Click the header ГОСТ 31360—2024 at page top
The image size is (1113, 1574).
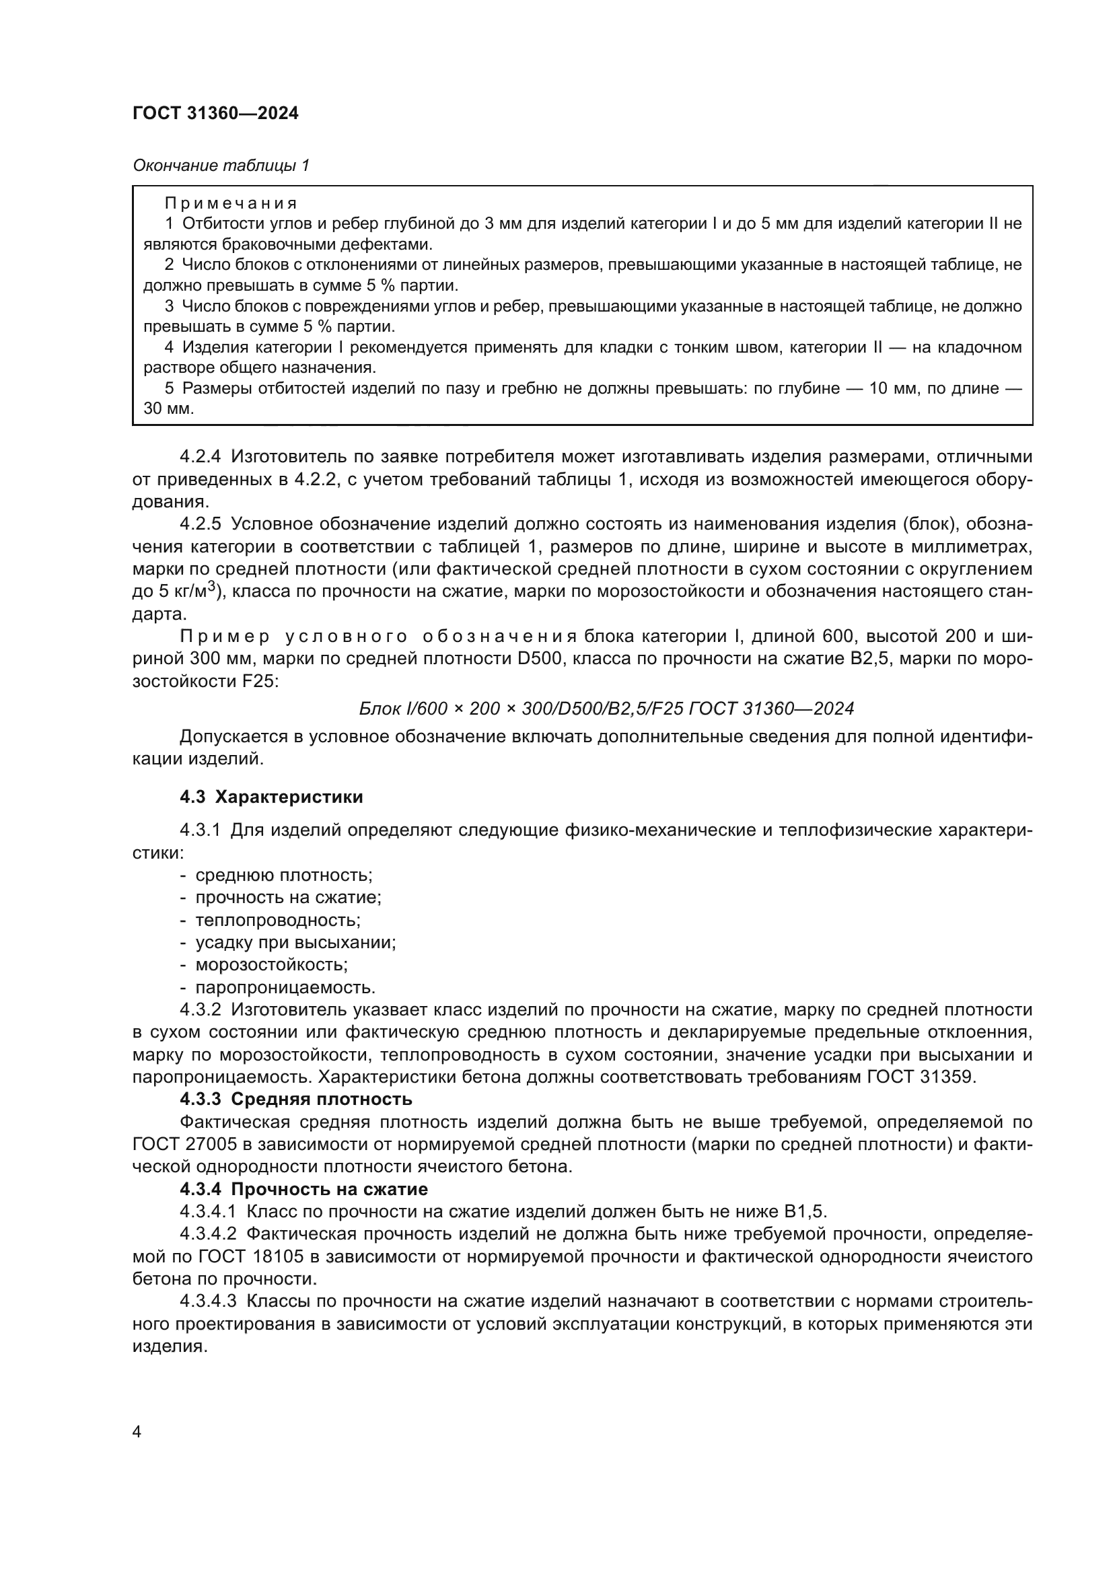click(215, 113)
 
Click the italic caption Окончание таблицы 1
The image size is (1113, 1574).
click(221, 166)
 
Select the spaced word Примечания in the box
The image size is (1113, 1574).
click(231, 203)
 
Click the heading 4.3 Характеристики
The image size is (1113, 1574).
click(271, 797)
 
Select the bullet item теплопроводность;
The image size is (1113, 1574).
click(277, 920)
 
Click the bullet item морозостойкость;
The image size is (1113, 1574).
click(271, 964)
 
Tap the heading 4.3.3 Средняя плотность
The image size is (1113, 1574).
click(295, 1099)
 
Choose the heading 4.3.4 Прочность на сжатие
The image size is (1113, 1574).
click(303, 1188)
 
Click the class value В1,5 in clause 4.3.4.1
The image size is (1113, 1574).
click(805, 1211)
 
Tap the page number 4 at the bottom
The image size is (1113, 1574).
click(137, 1432)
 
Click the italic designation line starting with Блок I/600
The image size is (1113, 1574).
click(606, 708)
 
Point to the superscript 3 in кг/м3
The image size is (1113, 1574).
click(213, 586)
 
